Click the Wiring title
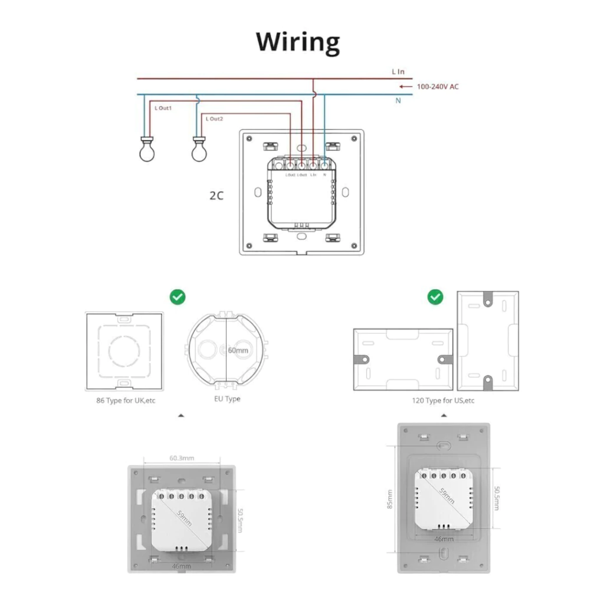click(298, 42)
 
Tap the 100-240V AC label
click(437, 87)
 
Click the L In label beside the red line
click(398, 72)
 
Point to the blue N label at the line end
click(398, 101)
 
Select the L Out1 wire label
click(163, 109)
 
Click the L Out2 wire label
click(214, 119)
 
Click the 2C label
click(216, 195)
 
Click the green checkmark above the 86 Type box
click(178, 297)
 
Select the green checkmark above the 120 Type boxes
click(435, 297)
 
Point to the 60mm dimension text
click(238, 350)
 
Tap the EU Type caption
click(227, 399)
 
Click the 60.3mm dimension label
click(182, 457)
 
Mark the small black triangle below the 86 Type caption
click(181, 416)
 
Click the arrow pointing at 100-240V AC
click(405, 87)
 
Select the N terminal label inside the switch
click(324, 175)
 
